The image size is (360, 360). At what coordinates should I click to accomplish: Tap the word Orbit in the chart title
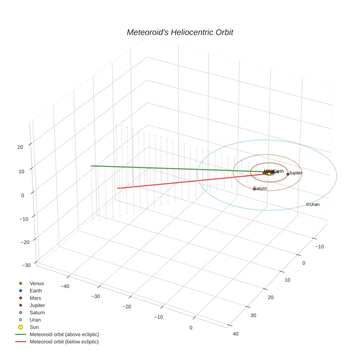(224, 33)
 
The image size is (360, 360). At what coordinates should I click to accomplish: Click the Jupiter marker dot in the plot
(288, 174)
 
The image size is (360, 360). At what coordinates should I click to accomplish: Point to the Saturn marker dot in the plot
(254, 189)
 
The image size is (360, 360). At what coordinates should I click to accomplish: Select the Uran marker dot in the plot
(308, 205)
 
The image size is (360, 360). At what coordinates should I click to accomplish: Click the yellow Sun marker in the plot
(269, 173)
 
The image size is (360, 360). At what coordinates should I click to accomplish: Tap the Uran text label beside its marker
(315, 205)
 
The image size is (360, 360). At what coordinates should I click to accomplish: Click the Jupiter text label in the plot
(296, 173)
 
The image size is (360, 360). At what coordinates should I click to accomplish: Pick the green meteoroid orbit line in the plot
(165, 168)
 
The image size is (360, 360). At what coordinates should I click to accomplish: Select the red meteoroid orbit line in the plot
(183, 181)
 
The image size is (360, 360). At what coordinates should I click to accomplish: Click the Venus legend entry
(37, 284)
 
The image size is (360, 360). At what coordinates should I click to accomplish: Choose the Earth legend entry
(36, 291)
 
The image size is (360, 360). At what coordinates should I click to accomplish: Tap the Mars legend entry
(35, 298)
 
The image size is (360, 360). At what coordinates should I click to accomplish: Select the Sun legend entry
(34, 327)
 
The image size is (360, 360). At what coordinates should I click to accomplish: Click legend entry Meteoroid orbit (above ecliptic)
(64, 334)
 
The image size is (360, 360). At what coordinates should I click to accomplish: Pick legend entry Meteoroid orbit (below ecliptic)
(64, 342)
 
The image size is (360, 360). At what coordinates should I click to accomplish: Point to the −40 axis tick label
(65, 286)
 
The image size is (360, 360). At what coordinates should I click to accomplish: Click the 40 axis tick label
(235, 334)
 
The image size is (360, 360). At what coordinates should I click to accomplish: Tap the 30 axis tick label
(254, 315)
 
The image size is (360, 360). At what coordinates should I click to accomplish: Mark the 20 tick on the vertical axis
(20, 147)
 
